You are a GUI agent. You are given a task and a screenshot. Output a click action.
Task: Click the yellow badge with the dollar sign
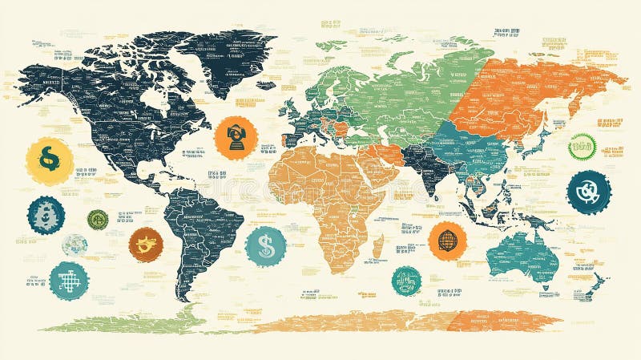49,160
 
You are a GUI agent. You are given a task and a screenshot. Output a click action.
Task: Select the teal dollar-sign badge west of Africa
266,245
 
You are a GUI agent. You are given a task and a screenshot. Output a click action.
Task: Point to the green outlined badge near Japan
582,147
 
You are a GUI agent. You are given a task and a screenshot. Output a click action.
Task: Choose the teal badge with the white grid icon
68,281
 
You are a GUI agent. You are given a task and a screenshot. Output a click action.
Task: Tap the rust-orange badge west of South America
146,245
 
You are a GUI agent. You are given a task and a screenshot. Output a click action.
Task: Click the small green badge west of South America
98,220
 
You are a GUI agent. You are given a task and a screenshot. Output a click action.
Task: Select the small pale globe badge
75,245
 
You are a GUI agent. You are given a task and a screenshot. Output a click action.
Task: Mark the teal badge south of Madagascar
406,281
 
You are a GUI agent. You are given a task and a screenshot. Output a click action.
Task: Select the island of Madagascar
378,245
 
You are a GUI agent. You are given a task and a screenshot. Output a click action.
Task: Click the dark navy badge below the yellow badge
46,215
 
